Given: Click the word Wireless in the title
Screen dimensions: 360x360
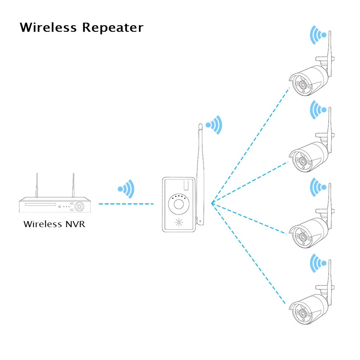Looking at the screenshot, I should [x=48, y=27].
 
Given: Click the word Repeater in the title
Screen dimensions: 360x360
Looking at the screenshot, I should [x=112, y=28].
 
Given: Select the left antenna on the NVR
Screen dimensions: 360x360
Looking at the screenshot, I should [x=37, y=185].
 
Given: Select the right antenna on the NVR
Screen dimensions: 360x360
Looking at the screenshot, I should [x=73, y=185].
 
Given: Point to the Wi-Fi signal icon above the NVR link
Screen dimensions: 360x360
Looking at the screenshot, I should [x=126, y=189].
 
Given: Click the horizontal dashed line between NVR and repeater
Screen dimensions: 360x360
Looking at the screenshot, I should [x=126, y=204].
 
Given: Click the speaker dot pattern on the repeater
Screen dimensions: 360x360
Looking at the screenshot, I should [x=179, y=222].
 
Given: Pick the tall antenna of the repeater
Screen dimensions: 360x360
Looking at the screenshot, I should [x=201, y=169].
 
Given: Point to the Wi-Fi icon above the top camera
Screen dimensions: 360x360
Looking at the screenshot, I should [x=319, y=35].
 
